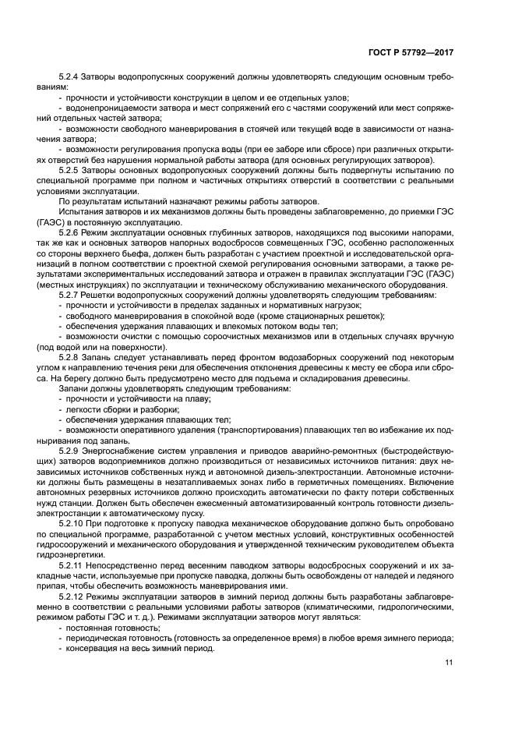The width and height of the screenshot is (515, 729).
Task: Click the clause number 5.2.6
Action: (x=71, y=232)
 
